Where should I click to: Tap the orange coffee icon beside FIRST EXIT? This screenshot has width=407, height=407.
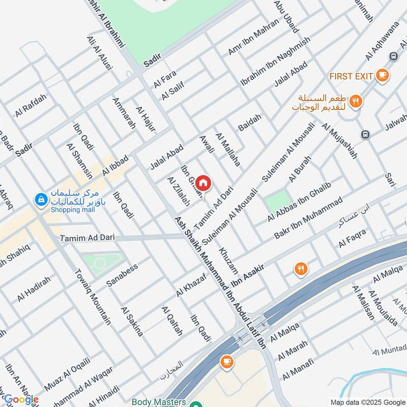click(382, 76)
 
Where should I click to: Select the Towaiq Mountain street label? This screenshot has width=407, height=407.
click(92, 297)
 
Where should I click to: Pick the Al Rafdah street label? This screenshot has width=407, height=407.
click(31, 106)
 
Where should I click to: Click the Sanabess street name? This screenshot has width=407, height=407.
click(122, 275)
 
